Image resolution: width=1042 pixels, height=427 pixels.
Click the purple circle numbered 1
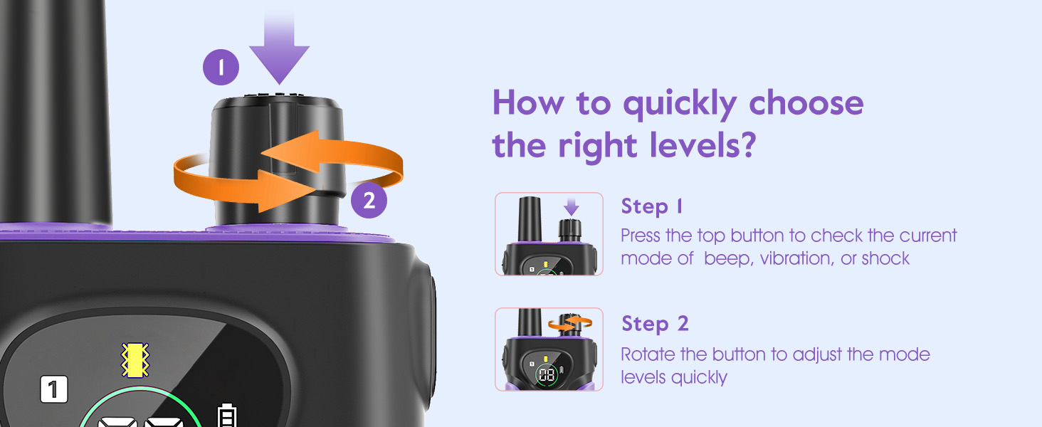pos(221,67)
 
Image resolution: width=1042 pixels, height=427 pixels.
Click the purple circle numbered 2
pos(369,201)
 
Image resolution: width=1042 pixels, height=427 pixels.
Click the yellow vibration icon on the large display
pos(135,360)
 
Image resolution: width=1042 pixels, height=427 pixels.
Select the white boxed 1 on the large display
pos(54,389)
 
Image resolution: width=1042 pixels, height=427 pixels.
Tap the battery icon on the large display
pos(227,415)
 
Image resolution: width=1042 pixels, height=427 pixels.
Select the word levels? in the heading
pos(703,146)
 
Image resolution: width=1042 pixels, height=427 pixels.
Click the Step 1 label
pos(652,206)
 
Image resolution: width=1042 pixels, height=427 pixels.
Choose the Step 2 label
pos(655,324)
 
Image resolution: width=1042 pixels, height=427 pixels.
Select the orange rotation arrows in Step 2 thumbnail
pos(570,323)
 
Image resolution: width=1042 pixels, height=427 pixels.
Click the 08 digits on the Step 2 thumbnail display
pos(547,375)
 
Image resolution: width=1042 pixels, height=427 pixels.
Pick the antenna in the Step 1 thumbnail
pos(530,218)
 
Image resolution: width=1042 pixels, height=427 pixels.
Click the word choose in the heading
pos(806,102)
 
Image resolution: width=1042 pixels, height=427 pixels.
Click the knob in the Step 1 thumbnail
pos(570,230)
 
